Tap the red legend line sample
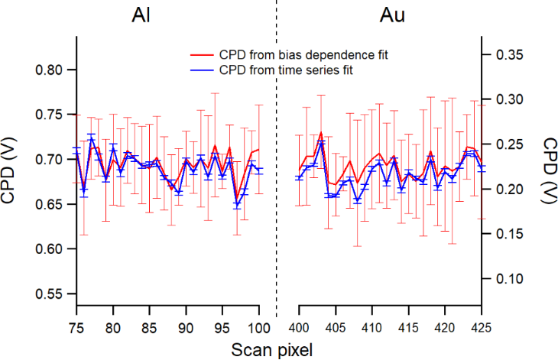point(202,57)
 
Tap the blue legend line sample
point(202,70)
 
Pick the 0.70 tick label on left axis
point(52,160)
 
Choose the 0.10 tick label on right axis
point(504,279)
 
